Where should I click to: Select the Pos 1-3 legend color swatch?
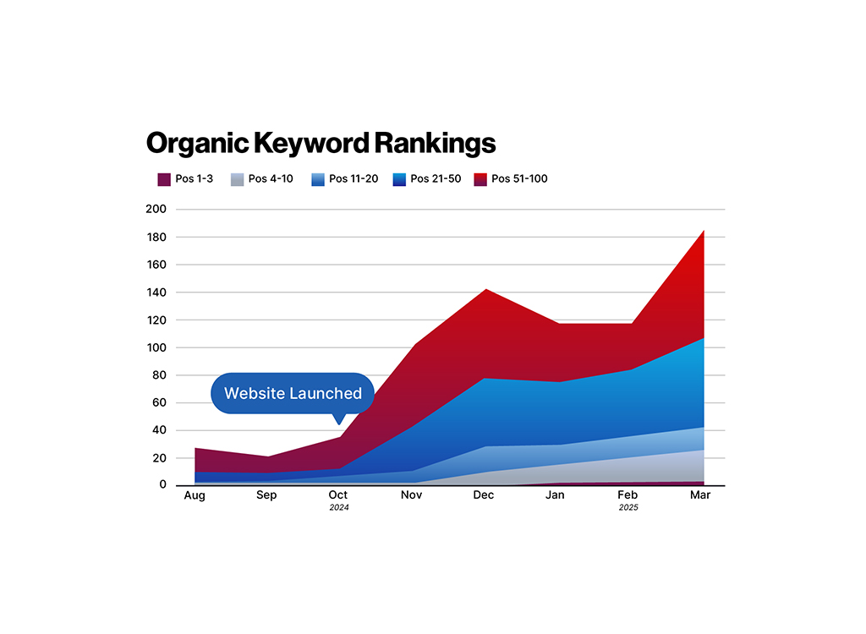pyautogui.click(x=164, y=179)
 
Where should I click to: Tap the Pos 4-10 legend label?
pyautogui.click(x=271, y=179)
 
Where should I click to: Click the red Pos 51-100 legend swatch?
pyautogui.click(x=480, y=179)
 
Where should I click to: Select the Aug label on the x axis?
pyautogui.click(x=194, y=495)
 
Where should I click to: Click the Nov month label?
pyautogui.click(x=411, y=495)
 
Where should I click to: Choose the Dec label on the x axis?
pyautogui.click(x=485, y=495)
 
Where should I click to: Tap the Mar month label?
pyautogui.click(x=700, y=495)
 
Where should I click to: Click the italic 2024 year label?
pyautogui.click(x=339, y=508)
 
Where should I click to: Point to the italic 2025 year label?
pyautogui.click(x=628, y=508)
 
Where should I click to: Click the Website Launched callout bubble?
pyautogui.click(x=293, y=393)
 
